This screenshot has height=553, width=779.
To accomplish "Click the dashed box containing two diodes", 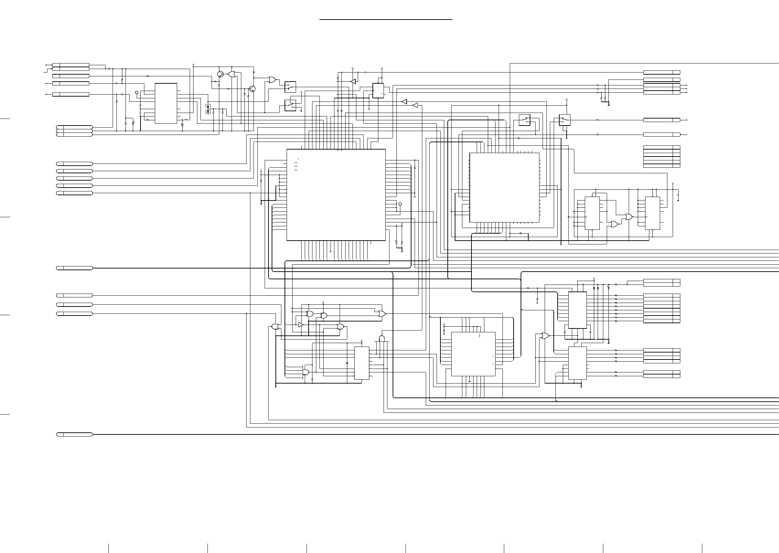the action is tap(208, 109).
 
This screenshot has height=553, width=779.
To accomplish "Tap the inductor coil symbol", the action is tap(186, 120).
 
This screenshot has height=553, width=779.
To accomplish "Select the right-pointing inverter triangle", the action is tap(301, 324).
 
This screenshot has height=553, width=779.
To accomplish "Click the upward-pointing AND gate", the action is tap(382, 339).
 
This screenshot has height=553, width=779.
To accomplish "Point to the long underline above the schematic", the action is tap(386, 20).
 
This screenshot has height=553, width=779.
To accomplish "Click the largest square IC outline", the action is tap(336, 195).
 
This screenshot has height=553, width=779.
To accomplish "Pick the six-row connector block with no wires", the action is tap(661, 157).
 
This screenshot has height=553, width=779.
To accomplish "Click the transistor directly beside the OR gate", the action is tap(220, 74).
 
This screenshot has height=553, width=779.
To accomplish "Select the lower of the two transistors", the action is tap(252, 89).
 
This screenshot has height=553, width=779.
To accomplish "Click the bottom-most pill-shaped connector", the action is tap(74, 434).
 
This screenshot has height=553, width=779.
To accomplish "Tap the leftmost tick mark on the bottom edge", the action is tap(109, 548).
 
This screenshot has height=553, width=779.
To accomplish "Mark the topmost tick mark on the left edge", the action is tap(5, 119).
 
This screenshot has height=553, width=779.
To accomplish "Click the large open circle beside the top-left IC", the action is tap(137, 93).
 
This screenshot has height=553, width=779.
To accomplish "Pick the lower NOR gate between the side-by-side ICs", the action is tap(614, 224).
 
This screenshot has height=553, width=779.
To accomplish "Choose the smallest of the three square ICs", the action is tap(473, 354).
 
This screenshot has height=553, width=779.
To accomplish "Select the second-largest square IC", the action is tap(504, 187).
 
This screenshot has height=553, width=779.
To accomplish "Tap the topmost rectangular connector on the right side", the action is tap(661, 72).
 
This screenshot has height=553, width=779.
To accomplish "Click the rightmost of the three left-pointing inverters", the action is tap(415, 105).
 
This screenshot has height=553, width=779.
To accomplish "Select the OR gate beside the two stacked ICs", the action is tap(544, 336).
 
